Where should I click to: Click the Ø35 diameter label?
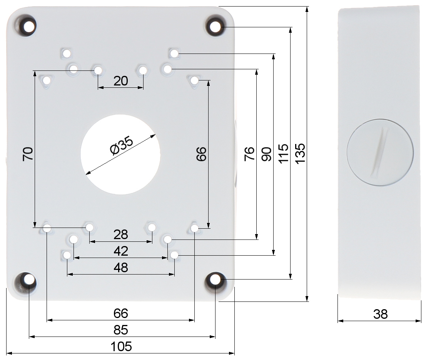[122, 146]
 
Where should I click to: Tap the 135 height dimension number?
[300, 154]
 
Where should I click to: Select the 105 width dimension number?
[121, 347]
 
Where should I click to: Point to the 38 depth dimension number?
[380, 314]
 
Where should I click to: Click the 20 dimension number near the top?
[120, 81]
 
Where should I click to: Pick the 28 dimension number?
[120, 234]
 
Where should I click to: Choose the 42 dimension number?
[121, 251]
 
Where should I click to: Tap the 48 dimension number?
[121, 268]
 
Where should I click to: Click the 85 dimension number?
[121, 330]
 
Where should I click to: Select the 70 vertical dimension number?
[28, 154]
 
